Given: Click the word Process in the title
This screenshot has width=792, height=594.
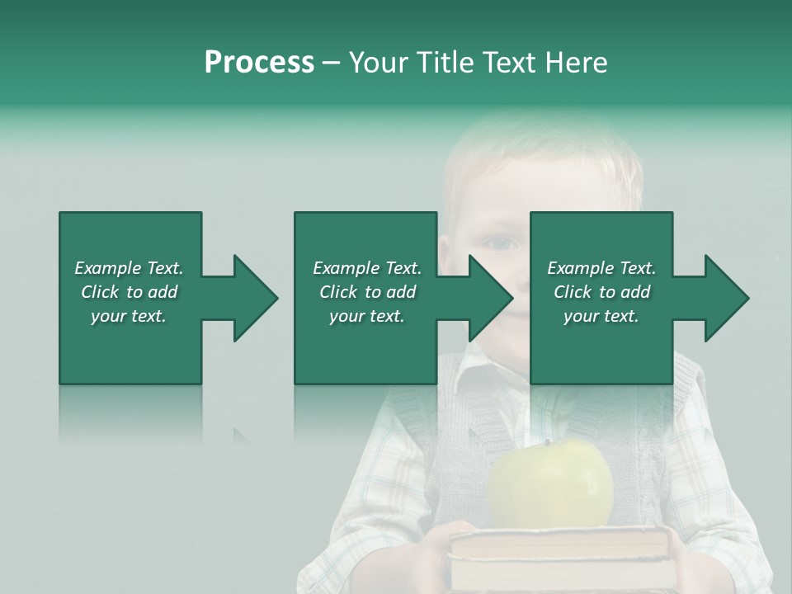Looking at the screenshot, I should (x=259, y=63).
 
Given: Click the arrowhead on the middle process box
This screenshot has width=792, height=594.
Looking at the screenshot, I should (x=490, y=298).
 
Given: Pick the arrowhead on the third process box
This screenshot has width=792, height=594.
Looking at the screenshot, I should (x=726, y=298).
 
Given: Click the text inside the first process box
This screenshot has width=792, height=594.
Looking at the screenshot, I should (x=130, y=292).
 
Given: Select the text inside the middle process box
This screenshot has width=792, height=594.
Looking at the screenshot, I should (x=366, y=292).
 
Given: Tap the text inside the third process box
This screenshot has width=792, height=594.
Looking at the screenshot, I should (x=601, y=292).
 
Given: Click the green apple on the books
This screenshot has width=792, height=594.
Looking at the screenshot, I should (x=550, y=487).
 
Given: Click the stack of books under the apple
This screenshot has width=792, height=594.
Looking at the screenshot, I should (x=559, y=557).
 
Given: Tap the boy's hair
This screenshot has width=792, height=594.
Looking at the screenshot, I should (x=536, y=153).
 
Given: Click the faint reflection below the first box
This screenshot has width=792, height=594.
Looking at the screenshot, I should (x=130, y=412).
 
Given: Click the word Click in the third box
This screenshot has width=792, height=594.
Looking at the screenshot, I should (x=573, y=292).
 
